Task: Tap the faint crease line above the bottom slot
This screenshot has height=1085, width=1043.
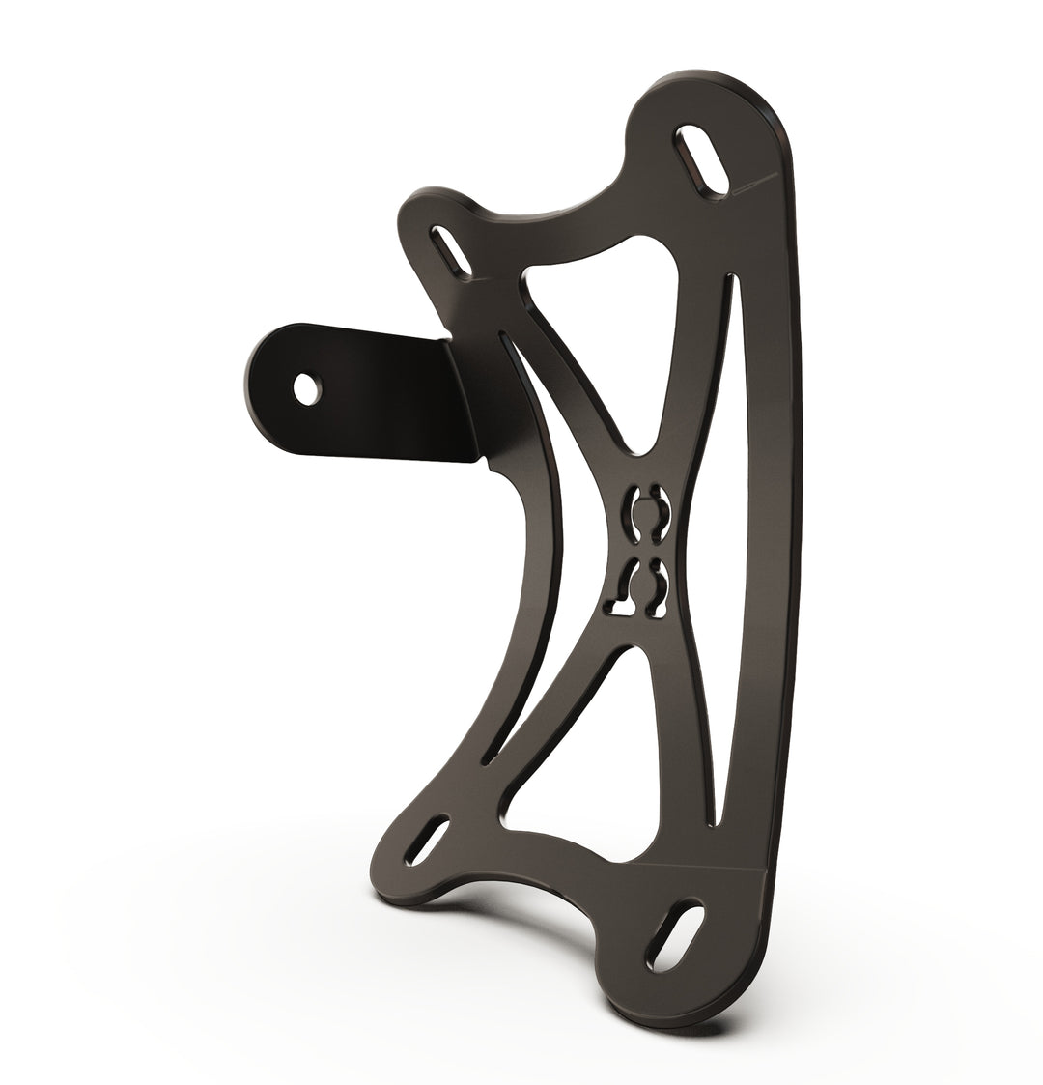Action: coord(715,860)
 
